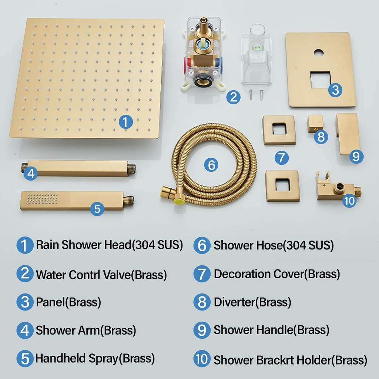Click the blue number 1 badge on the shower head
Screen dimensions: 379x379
tap(126, 122)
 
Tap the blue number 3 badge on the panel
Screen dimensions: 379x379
tap(335, 90)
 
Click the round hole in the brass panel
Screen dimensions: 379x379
tap(319, 53)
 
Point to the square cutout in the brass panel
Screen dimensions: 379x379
tap(321, 80)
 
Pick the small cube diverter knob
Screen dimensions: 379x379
tap(315, 123)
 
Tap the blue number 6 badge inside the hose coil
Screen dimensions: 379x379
tap(211, 165)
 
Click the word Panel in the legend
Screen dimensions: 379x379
tap(50, 302)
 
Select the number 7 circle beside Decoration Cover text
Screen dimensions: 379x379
tap(202, 274)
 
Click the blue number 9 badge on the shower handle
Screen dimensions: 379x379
tap(356, 157)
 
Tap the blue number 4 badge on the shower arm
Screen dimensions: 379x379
tap(31, 173)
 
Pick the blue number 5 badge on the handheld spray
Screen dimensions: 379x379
tap(97, 208)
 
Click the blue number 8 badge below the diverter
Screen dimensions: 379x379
tap(321, 137)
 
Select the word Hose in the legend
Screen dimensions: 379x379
tap(269, 245)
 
